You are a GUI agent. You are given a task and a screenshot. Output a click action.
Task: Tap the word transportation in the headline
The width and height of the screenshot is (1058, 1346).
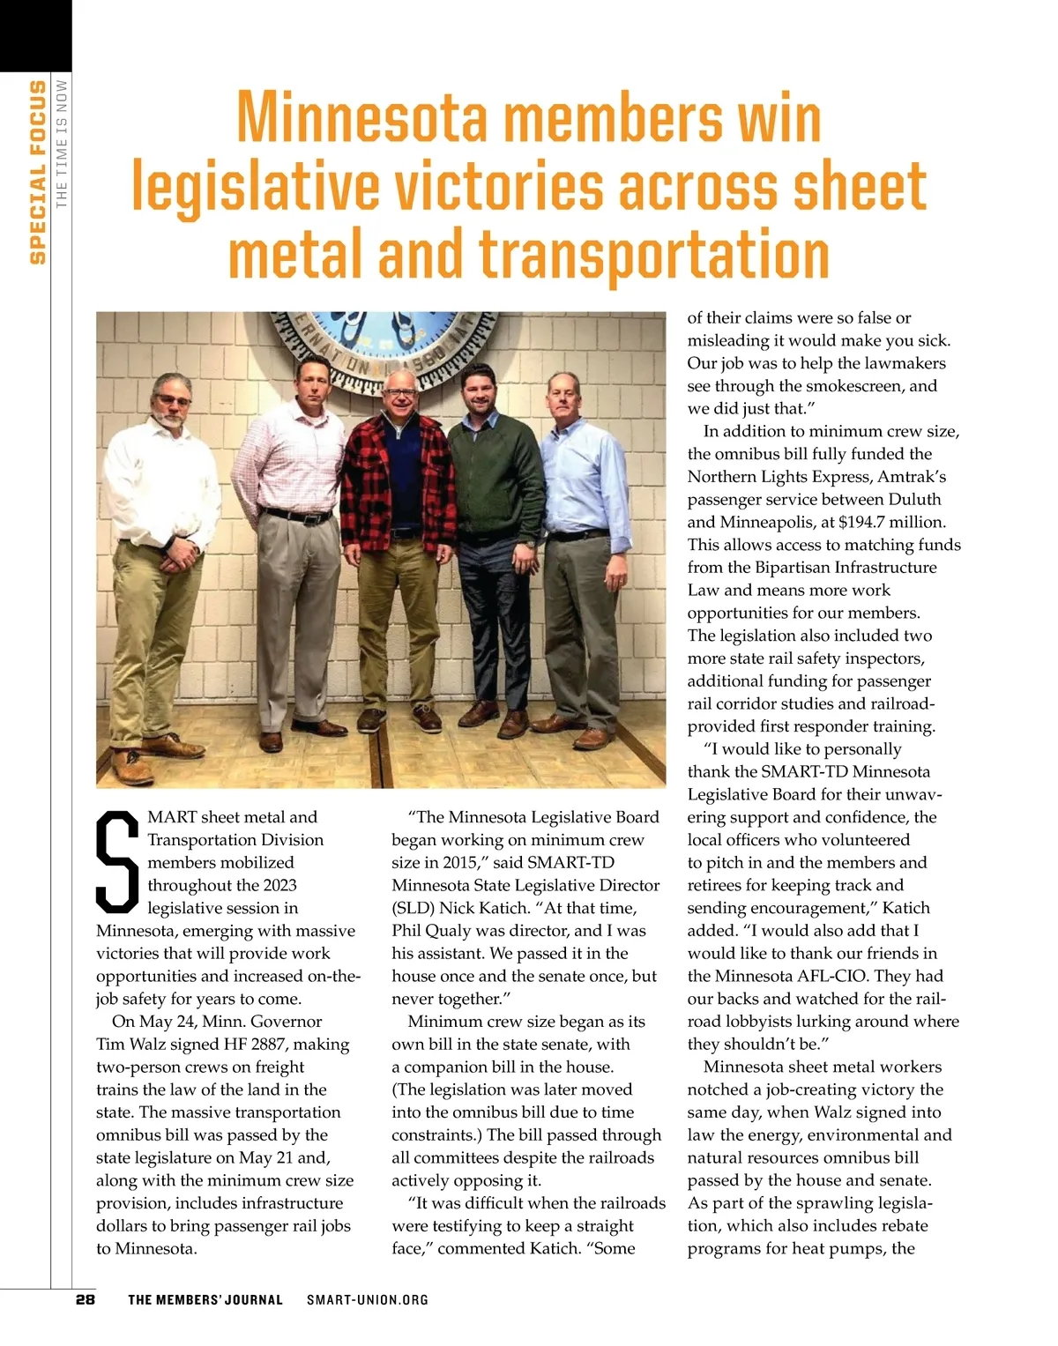click(x=654, y=254)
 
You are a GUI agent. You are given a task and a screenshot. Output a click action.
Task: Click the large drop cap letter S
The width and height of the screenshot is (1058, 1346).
click(x=117, y=862)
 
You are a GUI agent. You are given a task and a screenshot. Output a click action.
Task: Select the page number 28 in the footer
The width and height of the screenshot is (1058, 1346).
click(x=86, y=1299)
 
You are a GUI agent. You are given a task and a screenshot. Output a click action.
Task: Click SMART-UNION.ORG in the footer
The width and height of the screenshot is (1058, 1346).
click(x=368, y=1299)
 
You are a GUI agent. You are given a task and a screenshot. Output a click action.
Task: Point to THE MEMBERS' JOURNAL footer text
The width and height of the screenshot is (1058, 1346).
click(x=205, y=1299)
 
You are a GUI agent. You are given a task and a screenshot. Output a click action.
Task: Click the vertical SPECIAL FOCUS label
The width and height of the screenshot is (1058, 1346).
click(x=37, y=172)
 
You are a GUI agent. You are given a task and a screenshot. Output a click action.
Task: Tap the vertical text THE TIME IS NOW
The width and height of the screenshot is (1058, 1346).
click(x=62, y=145)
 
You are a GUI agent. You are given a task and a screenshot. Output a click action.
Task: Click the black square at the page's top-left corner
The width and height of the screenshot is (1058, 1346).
click(x=35, y=35)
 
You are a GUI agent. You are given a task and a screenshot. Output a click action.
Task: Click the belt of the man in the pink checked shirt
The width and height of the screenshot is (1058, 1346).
click(x=298, y=515)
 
